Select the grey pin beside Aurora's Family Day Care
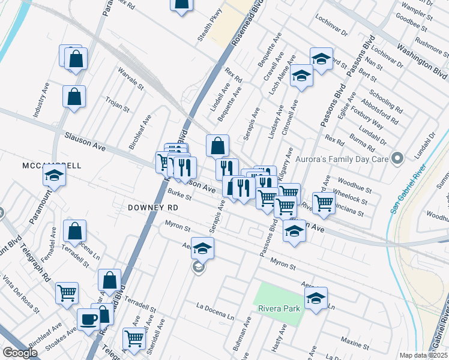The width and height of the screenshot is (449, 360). point(396,160)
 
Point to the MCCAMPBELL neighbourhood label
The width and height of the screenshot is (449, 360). point(51,165)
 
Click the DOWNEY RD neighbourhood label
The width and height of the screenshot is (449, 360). point(153,207)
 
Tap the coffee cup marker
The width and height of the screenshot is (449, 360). point(89,319)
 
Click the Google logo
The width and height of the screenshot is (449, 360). point(20,353)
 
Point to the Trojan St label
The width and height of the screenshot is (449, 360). point(118,104)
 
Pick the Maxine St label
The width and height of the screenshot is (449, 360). point(355,341)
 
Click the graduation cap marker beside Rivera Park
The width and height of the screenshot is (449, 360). point(316,298)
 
